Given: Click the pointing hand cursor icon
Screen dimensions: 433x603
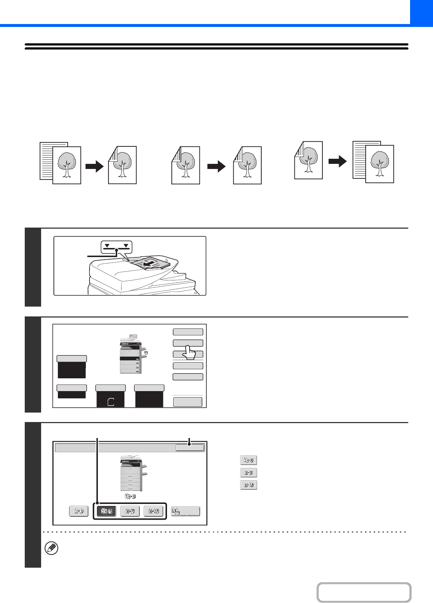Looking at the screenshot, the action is [188, 352].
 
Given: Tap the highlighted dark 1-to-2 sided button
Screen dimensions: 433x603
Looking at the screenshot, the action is [106, 511].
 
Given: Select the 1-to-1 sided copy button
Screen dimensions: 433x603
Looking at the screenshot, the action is [79, 511].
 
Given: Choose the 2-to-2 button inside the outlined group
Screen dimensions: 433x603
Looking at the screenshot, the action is [130, 511].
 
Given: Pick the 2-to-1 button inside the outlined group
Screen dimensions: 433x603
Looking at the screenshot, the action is [154, 511].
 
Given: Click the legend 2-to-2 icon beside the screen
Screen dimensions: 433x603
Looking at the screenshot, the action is [249, 473].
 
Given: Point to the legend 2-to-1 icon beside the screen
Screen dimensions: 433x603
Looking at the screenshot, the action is [249, 485].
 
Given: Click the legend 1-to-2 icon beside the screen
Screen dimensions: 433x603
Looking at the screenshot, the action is [249, 460].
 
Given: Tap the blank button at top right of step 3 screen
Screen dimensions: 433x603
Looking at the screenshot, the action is [190, 448].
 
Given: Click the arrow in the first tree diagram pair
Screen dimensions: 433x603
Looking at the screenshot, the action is [95, 167].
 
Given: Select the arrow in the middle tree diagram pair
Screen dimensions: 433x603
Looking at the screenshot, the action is [216, 167].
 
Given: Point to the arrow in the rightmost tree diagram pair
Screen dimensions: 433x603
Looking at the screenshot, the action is [338, 161].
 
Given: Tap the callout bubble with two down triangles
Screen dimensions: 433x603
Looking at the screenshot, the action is [116, 247].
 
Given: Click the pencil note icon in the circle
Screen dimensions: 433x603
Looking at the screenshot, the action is [51, 548].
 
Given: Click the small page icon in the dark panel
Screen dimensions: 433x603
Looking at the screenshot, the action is [111, 402].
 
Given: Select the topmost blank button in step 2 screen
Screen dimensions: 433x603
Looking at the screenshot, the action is [188, 332].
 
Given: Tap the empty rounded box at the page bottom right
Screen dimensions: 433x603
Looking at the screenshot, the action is [364, 592].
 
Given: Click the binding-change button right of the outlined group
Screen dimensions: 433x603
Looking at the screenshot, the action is [186, 511].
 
